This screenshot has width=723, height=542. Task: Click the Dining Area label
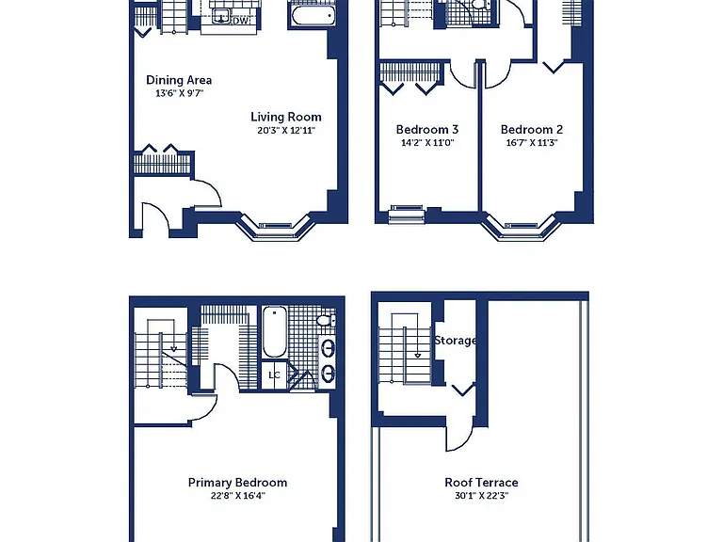tap(179, 80)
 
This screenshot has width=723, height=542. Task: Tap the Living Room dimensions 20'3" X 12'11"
tap(286, 131)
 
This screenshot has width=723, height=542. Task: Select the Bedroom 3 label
tap(427, 130)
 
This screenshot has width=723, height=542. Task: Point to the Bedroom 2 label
tap(532, 130)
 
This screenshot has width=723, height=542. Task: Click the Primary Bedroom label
tap(237, 483)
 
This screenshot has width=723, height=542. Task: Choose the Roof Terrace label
tap(481, 483)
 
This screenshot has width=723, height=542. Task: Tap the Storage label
tap(455, 341)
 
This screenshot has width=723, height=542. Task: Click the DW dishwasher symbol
tap(240, 21)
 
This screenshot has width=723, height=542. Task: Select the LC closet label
tap(274, 375)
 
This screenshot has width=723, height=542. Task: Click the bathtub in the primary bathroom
tap(274, 332)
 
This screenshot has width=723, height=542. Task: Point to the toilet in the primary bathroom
tap(326, 320)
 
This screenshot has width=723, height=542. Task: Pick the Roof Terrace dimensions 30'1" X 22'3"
tap(481, 496)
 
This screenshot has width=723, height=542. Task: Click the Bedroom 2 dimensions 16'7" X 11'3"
tap(532, 143)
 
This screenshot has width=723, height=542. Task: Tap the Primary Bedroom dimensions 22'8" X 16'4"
tap(237, 496)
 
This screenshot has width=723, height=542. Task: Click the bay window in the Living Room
tap(276, 227)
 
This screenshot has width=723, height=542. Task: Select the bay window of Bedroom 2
tap(521, 227)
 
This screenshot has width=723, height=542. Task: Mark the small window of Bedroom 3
tap(407, 215)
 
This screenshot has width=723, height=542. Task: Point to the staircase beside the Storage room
tap(405, 348)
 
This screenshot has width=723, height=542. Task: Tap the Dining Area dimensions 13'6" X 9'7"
tap(179, 93)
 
